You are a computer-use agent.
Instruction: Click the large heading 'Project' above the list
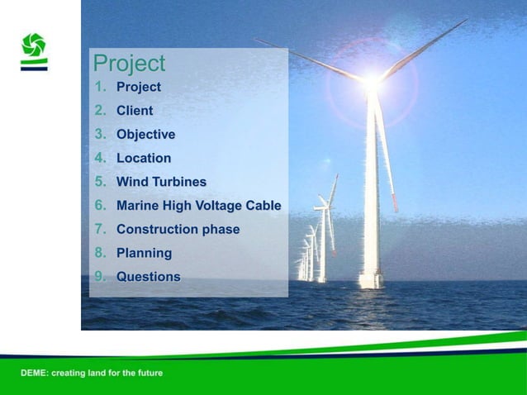[129, 64]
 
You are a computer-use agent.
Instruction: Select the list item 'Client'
[134, 110]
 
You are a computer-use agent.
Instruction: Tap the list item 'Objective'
[145, 134]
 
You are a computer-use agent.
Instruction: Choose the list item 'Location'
[144, 158]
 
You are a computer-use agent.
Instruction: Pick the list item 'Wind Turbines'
[161, 182]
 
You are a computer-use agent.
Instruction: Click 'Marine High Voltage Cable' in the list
[198, 205]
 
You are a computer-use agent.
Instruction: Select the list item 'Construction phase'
[178, 229]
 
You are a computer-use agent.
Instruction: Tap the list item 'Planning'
[144, 253]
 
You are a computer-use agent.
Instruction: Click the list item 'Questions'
[148, 277]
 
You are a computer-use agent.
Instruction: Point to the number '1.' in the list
[100, 87]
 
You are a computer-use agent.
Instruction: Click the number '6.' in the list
[100, 205]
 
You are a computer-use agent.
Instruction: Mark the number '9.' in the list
[100, 277]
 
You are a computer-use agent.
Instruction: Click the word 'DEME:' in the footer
[35, 374]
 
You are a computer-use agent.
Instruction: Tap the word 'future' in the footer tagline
[149, 374]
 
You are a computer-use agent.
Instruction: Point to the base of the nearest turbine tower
[371, 281]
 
